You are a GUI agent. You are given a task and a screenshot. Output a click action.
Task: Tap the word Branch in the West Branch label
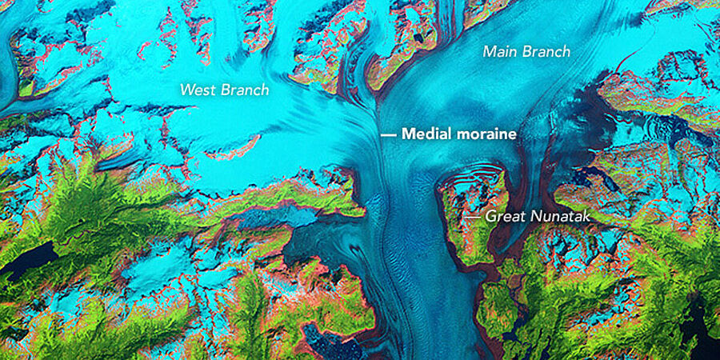[x=245, y=90]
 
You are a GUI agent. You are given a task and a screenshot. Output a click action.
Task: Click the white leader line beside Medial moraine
[x=388, y=135]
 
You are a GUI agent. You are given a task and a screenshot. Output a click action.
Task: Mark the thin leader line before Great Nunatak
[x=472, y=216]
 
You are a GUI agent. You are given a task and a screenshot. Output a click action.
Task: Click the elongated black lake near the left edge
[x=28, y=260]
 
